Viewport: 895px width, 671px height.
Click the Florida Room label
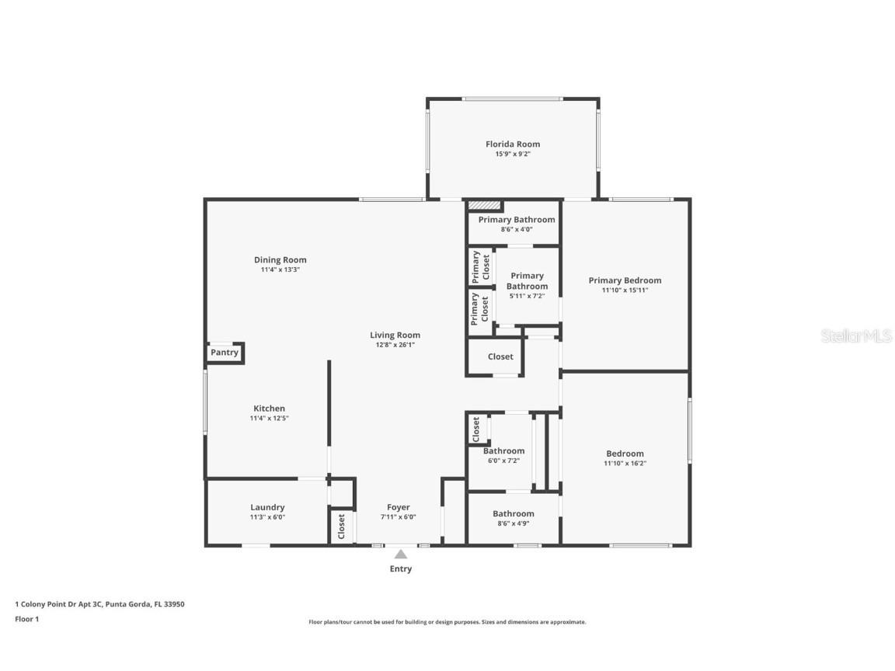click(513, 144)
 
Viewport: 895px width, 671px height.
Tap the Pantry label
click(225, 353)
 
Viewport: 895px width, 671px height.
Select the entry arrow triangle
click(400, 554)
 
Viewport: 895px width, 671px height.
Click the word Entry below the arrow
click(400, 568)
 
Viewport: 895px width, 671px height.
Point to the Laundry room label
click(267, 507)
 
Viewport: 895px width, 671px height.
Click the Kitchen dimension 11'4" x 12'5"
click(269, 418)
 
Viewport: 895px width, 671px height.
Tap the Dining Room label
click(280, 259)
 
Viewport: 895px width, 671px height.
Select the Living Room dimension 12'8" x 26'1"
click(395, 345)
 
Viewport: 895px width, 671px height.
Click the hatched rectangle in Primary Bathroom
click(484, 205)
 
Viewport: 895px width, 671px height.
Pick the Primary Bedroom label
click(625, 280)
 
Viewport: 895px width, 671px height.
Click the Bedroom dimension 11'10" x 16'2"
click(625, 463)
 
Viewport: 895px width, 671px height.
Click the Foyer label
click(398, 507)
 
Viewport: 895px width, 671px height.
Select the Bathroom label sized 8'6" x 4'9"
click(513, 513)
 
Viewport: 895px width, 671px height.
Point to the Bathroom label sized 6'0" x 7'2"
click(503, 450)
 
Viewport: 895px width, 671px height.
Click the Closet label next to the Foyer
click(341, 527)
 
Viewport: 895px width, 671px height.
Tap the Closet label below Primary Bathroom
click(500, 356)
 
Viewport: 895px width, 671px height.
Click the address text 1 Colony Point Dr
click(99, 603)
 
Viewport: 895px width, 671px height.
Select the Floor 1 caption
click(26, 619)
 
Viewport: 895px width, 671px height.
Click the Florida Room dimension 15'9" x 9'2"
click(513, 154)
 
